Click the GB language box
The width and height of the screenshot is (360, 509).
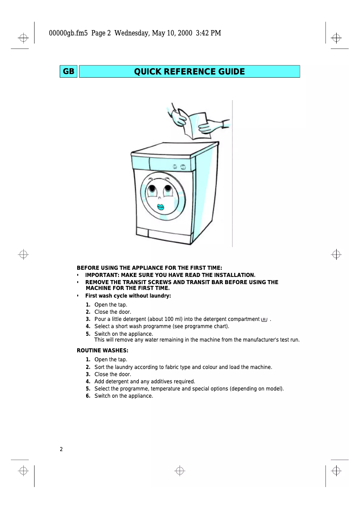pyautogui.click(x=69, y=72)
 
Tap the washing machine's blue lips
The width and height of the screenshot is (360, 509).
pyautogui.click(x=160, y=207)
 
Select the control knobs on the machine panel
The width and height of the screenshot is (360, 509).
pyautogui.click(x=179, y=167)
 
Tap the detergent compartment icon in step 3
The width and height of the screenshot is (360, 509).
pyautogui.click(x=264, y=319)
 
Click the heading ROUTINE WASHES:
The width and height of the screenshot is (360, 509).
pyautogui.click(x=102, y=350)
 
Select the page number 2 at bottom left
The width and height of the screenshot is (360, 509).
pyautogui.click(x=61, y=449)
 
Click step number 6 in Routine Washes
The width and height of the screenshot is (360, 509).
pyautogui.click(x=88, y=396)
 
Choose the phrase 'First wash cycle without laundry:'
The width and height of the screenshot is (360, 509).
pyautogui.click(x=128, y=296)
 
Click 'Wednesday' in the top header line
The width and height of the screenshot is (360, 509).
pyautogui.click(x=132, y=33)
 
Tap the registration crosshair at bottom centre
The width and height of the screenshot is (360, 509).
pyautogui.click(x=180, y=470)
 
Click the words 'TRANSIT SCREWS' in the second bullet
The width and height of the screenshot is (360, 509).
pyautogui.click(x=150, y=282)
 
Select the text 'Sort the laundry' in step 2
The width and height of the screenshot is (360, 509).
pyautogui.click(x=114, y=367)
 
